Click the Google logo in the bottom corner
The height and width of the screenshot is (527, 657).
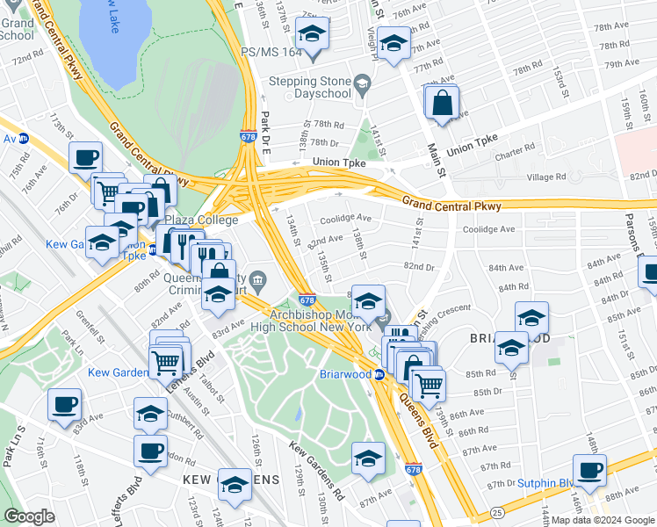coord(29,516)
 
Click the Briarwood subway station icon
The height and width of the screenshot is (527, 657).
coord(379,375)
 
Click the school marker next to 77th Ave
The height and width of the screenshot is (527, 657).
coord(393,43)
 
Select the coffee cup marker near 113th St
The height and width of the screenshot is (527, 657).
coord(85,158)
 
